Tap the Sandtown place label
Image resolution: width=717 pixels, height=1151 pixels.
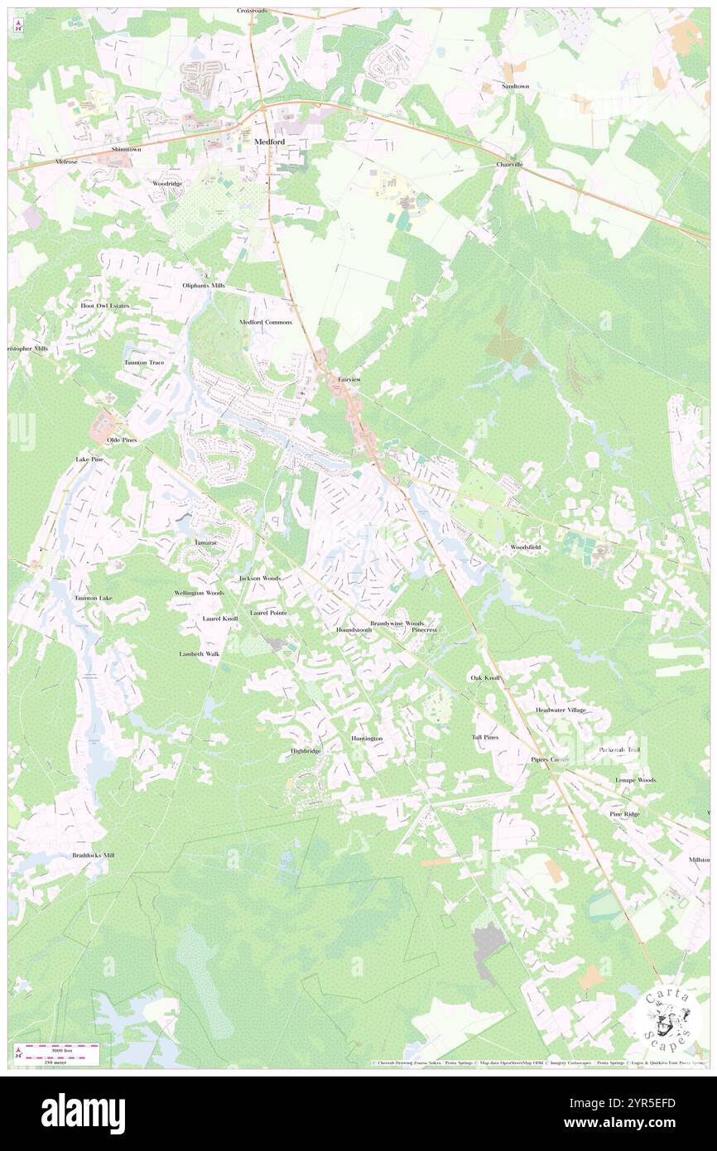coord(514,86)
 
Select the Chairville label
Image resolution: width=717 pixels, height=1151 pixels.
coord(509,165)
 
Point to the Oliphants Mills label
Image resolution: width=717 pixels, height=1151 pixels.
coord(204,286)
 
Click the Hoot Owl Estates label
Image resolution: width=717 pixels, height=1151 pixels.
coord(105,306)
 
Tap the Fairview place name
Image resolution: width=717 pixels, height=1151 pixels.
coord(349,379)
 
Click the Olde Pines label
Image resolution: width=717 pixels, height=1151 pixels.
coord(122,440)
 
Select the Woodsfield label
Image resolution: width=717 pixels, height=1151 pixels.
coord(525,547)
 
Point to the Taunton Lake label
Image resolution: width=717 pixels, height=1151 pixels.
coord(93,598)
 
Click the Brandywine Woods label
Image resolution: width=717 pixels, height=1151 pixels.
coord(397,623)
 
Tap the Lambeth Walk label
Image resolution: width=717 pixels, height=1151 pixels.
coord(200,654)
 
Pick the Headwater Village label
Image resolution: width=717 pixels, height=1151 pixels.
coord(561,710)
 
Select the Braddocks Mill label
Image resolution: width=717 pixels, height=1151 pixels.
coord(93,855)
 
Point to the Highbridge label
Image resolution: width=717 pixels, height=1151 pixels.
coord(305,751)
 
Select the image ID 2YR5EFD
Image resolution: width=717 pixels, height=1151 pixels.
coord(640,1103)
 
